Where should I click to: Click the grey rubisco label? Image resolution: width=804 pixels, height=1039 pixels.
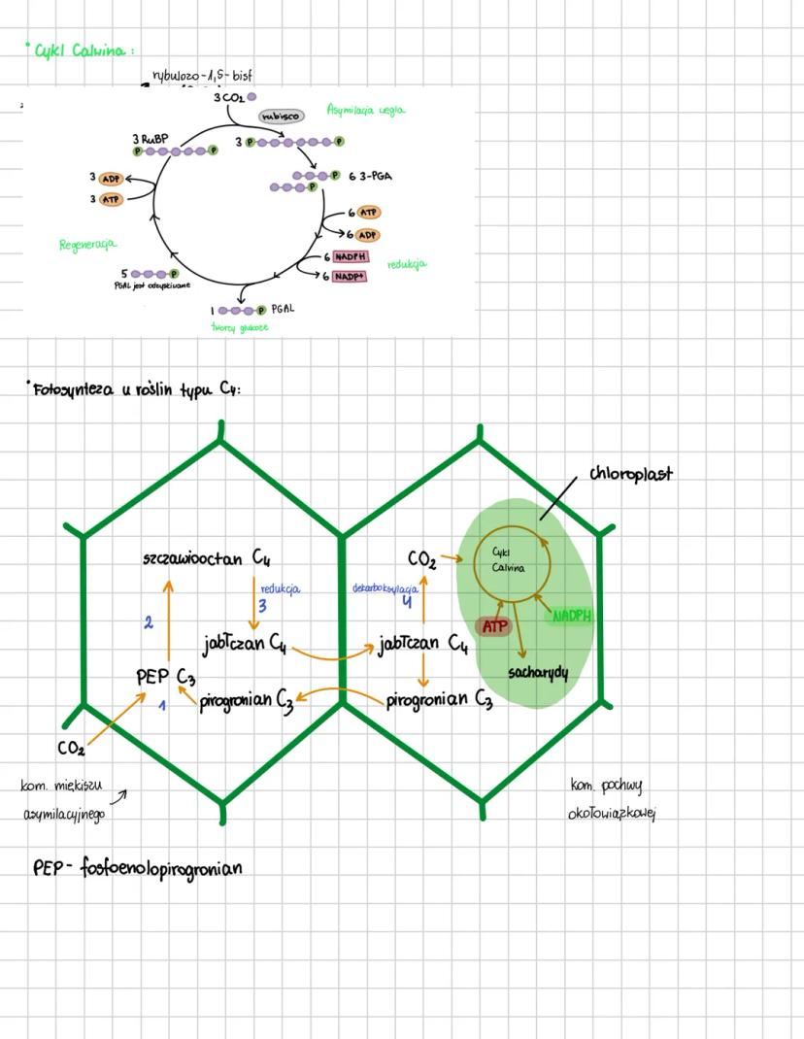click(281, 116)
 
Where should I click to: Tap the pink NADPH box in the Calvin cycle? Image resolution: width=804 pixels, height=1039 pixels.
click(352, 257)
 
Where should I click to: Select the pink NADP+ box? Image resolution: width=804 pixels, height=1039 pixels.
click(351, 277)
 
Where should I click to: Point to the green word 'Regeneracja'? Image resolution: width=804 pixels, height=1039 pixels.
click(88, 245)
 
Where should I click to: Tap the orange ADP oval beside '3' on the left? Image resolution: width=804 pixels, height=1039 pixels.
click(111, 179)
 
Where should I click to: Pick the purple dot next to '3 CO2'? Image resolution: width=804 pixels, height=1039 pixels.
click(252, 97)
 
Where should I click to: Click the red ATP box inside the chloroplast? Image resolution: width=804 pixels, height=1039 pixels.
click(495, 626)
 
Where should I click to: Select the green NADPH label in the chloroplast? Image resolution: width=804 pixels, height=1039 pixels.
click(572, 616)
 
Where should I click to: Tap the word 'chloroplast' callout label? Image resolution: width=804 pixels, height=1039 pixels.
click(630, 474)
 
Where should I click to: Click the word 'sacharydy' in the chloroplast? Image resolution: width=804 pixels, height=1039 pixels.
click(537, 672)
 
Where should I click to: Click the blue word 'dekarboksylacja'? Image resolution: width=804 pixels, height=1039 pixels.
click(385, 588)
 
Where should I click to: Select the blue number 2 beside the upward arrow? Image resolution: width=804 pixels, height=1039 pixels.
click(149, 622)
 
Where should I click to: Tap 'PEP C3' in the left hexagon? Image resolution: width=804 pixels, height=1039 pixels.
click(167, 677)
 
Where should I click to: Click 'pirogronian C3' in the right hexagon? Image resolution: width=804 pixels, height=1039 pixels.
click(439, 700)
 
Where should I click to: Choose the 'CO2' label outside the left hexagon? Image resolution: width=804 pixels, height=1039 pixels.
click(71, 748)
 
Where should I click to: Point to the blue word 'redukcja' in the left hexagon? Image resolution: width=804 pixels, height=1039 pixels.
click(281, 588)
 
